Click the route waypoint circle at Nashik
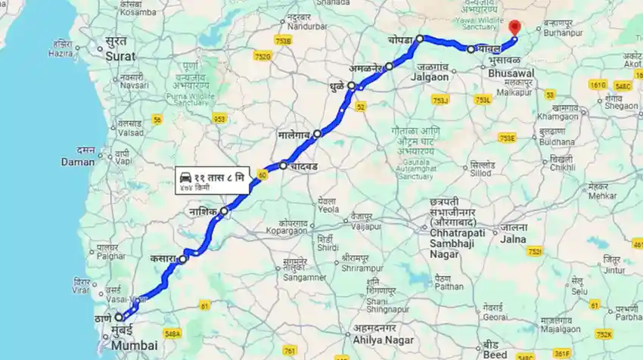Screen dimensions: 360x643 (224, 212)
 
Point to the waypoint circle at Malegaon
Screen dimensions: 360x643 (318, 134)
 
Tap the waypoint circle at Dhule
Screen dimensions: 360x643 (351, 86)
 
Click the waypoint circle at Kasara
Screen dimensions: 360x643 (182, 259)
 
